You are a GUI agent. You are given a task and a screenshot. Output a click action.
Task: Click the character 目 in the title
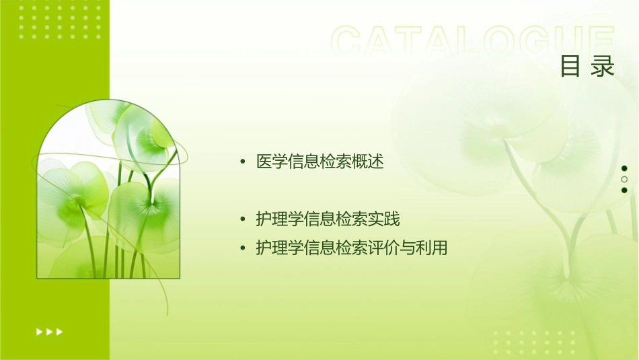tap(570, 66)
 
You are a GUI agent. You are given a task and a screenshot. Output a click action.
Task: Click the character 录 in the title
tap(603, 66)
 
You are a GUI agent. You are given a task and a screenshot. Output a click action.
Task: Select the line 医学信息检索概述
tap(320, 162)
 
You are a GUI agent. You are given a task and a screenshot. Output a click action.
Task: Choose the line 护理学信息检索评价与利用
tap(352, 248)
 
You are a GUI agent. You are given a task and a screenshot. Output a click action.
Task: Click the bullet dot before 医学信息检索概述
tap(243, 162)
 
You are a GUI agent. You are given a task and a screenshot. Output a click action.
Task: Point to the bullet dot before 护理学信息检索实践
tap(243, 220)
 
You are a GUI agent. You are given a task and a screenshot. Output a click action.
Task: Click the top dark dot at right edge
tap(624, 168)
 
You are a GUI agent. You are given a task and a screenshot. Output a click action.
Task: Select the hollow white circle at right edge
tap(624, 179)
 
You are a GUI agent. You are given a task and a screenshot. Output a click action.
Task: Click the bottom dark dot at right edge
tap(624, 190)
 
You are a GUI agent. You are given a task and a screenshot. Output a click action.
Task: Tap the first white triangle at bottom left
tap(38, 331)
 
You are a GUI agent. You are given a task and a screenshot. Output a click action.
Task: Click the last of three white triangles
tap(59, 331)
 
